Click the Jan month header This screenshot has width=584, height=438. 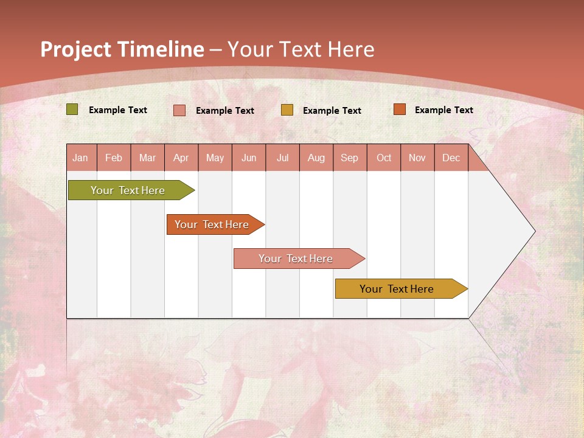(x=81, y=158)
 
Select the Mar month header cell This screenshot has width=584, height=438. (x=147, y=158)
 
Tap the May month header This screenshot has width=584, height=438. (x=215, y=158)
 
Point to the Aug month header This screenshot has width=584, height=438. (x=316, y=158)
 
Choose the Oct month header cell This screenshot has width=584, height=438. (x=383, y=158)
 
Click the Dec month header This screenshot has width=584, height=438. (x=451, y=158)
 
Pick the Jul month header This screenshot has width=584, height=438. (x=282, y=158)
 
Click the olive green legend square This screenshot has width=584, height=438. (x=72, y=109)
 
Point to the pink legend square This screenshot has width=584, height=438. (x=179, y=110)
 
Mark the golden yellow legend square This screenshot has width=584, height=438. (x=287, y=110)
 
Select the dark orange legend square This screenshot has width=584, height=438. (x=400, y=109)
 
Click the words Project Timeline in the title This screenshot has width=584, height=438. (x=122, y=49)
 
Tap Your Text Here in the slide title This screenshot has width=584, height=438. (x=301, y=49)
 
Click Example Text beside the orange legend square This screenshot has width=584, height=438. (x=443, y=110)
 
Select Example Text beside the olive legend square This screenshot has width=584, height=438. (x=117, y=110)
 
